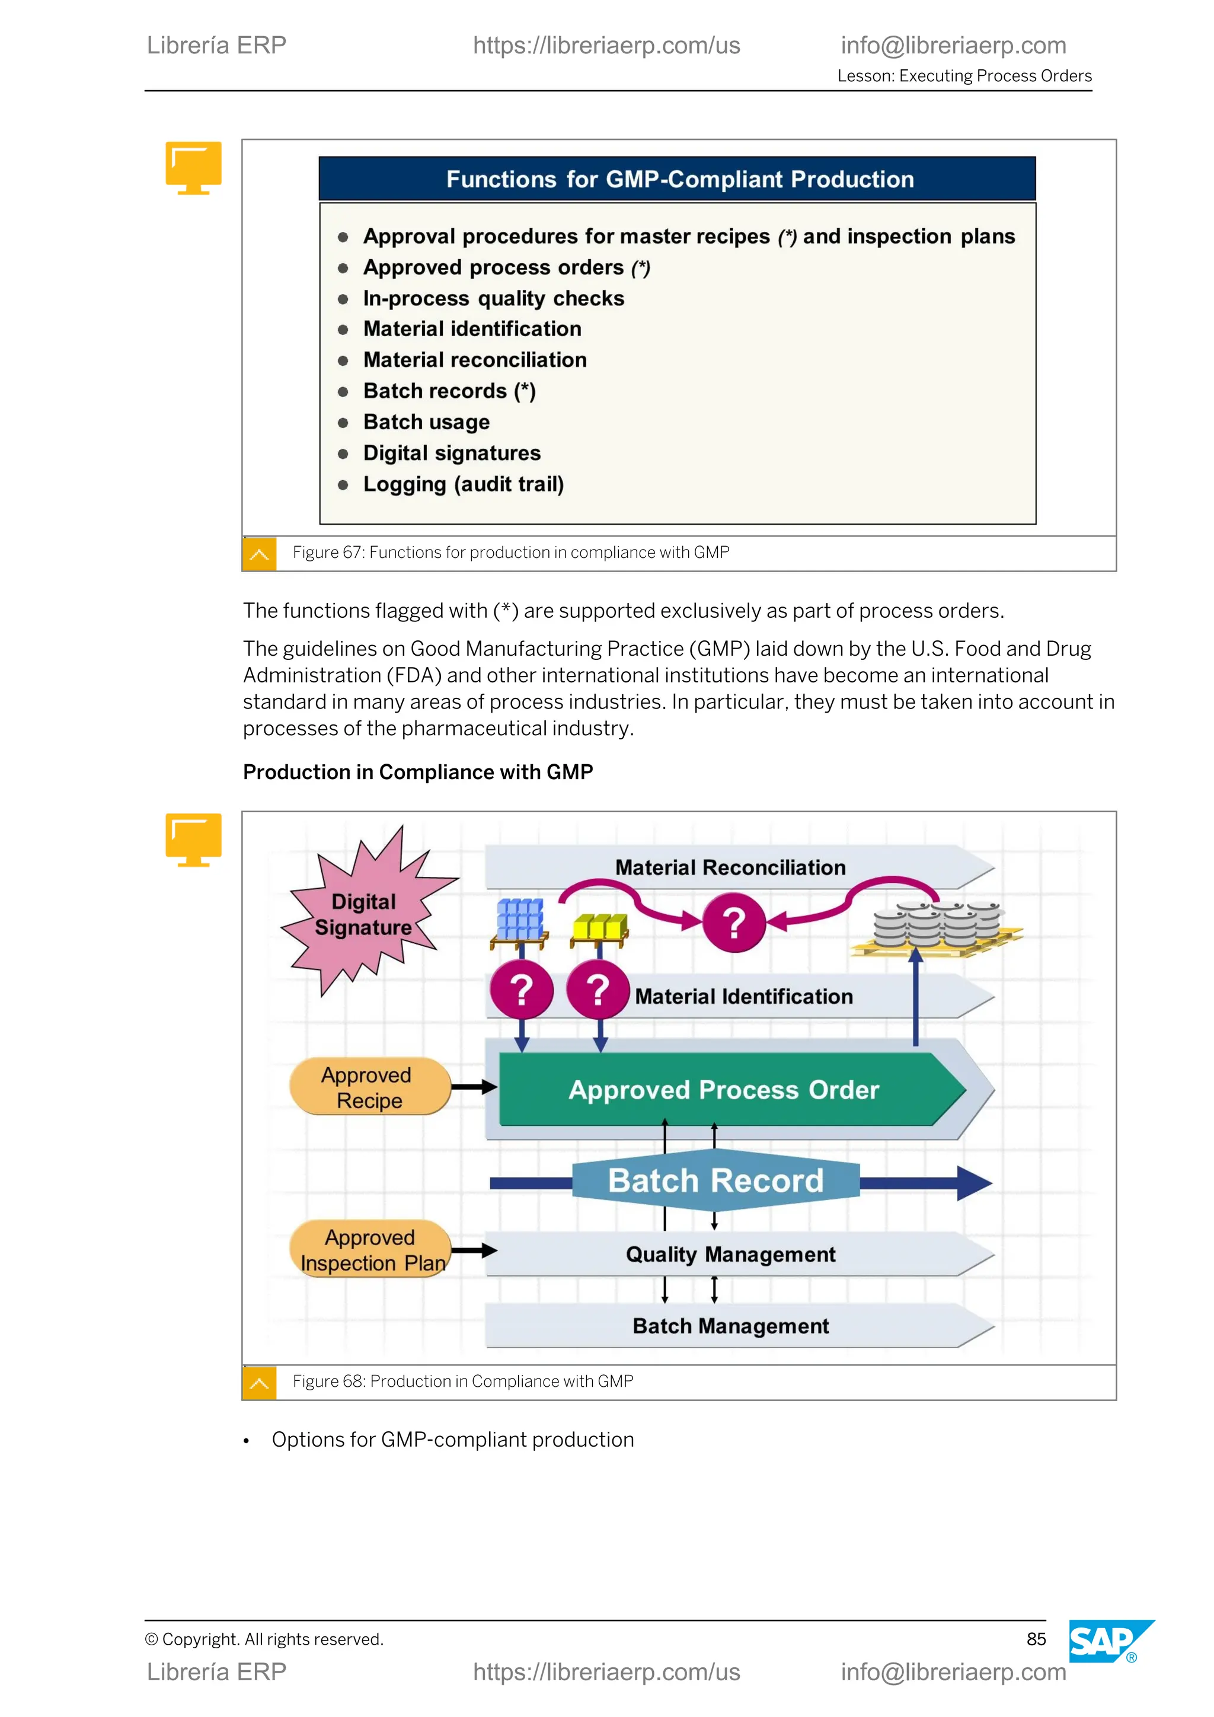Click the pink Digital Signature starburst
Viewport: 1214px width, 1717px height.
[364, 914]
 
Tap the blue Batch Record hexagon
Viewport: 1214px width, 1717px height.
[715, 1181]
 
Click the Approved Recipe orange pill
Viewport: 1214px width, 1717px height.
[369, 1087]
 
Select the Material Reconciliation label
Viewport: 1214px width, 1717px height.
[730, 867]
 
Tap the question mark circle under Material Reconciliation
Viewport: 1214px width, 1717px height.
[734, 923]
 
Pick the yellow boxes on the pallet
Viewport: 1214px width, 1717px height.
[599, 927]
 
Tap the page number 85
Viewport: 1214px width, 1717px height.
[1036, 1639]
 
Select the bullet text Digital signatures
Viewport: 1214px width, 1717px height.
[452, 453]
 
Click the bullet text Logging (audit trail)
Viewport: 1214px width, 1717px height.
[464, 484]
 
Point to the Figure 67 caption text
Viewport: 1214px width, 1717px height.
[510, 553]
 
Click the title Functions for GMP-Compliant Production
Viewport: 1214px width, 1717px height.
[679, 180]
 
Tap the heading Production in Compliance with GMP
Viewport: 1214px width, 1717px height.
[418, 772]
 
